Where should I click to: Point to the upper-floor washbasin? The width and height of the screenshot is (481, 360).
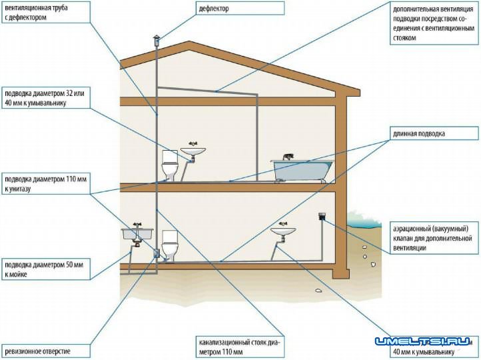(x=194, y=153)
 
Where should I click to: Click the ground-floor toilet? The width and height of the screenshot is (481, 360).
(x=171, y=246)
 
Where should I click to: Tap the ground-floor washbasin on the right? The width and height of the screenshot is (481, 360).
(x=283, y=232)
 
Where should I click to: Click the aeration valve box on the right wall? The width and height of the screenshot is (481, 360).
(x=321, y=217)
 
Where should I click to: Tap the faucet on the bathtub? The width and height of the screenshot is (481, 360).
(x=288, y=157)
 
